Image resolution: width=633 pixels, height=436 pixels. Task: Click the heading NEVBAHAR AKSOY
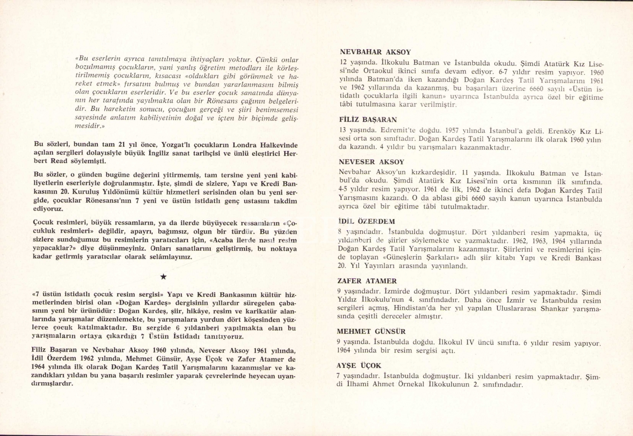tap(375, 52)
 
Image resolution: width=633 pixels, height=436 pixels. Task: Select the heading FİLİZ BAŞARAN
tap(368, 120)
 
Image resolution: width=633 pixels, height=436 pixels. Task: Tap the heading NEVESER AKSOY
tap(371, 162)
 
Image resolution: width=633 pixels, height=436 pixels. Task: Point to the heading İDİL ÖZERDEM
tap(366, 221)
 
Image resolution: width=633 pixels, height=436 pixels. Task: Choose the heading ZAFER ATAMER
tap(367, 281)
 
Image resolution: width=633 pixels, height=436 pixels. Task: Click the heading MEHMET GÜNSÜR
tap(371, 332)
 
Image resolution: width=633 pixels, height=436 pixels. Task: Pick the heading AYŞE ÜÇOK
tap(359, 365)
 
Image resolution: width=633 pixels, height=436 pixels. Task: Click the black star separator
tap(164, 277)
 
